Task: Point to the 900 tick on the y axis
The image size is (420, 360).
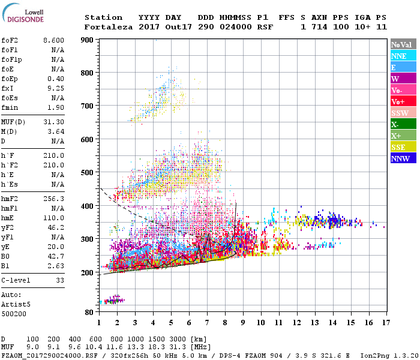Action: [88, 40]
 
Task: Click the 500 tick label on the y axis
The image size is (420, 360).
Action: [88, 173]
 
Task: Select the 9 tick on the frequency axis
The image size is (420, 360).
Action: [242, 323]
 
